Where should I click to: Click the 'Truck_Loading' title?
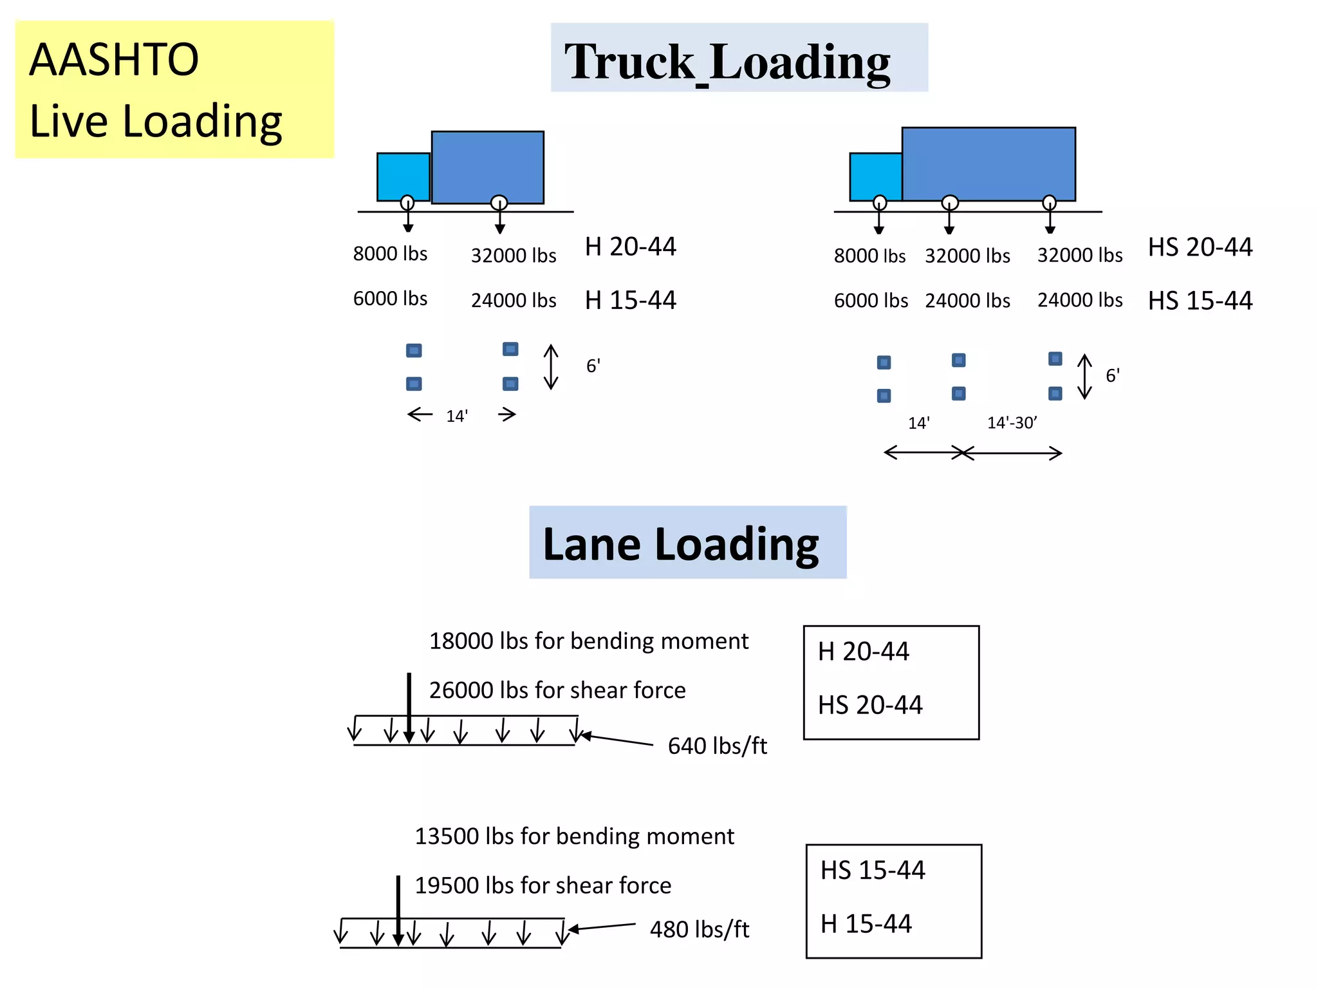[727, 61]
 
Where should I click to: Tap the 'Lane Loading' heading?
[681, 544]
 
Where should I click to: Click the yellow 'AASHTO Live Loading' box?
[174, 89]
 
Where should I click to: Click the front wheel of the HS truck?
[880, 203]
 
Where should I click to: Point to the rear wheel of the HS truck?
[1050, 203]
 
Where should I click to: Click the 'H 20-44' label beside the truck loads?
[630, 247]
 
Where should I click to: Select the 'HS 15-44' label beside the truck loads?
[1200, 301]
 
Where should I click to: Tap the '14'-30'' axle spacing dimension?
[1012, 423]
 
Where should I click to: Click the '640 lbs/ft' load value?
[717, 746]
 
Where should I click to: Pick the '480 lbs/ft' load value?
[700, 929]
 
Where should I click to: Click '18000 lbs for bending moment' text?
[588, 641]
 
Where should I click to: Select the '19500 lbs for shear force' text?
[543, 885]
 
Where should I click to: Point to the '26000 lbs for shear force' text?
[557, 690]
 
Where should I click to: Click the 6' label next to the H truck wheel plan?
[593, 366]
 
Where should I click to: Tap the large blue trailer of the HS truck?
[988, 164]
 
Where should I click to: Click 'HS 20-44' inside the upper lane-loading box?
[870, 705]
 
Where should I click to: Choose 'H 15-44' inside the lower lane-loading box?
[866, 924]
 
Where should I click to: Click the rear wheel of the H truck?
[499, 203]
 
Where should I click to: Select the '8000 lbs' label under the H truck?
[390, 254]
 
